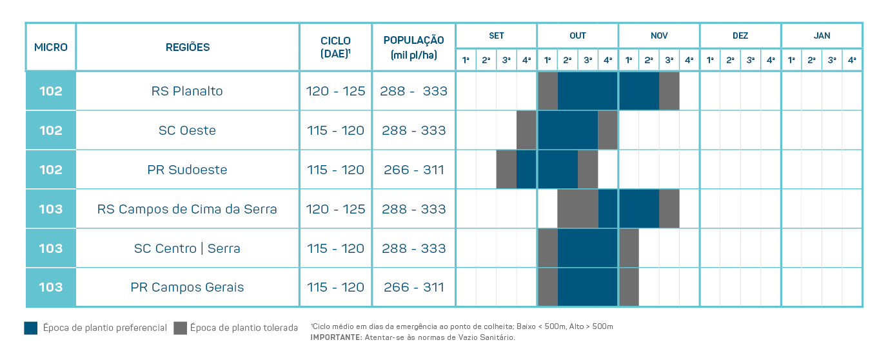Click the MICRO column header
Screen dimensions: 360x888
point(51,47)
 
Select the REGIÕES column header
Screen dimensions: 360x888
point(188,47)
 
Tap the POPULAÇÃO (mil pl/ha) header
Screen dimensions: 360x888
point(413,47)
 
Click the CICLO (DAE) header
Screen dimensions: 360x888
point(335,47)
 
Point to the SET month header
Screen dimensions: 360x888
point(496,35)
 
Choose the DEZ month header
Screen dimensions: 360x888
point(740,35)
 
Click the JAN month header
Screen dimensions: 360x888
point(822,35)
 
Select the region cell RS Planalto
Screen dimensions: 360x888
point(187,91)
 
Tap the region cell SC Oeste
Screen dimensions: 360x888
point(187,130)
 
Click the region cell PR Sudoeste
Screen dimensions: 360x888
point(187,170)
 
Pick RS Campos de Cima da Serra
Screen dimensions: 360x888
point(187,209)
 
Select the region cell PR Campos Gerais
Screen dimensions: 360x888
point(187,287)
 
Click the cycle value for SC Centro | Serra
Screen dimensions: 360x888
point(335,248)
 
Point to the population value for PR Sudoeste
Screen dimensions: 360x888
point(413,170)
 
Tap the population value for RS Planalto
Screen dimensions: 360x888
point(413,91)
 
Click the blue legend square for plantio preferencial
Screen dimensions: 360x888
point(31,328)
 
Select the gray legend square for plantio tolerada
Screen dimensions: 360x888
point(180,328)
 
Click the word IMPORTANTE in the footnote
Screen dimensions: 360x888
point(335,337)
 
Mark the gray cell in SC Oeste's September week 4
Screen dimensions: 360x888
point(526,130)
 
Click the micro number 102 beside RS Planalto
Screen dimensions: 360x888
point(51,91)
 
